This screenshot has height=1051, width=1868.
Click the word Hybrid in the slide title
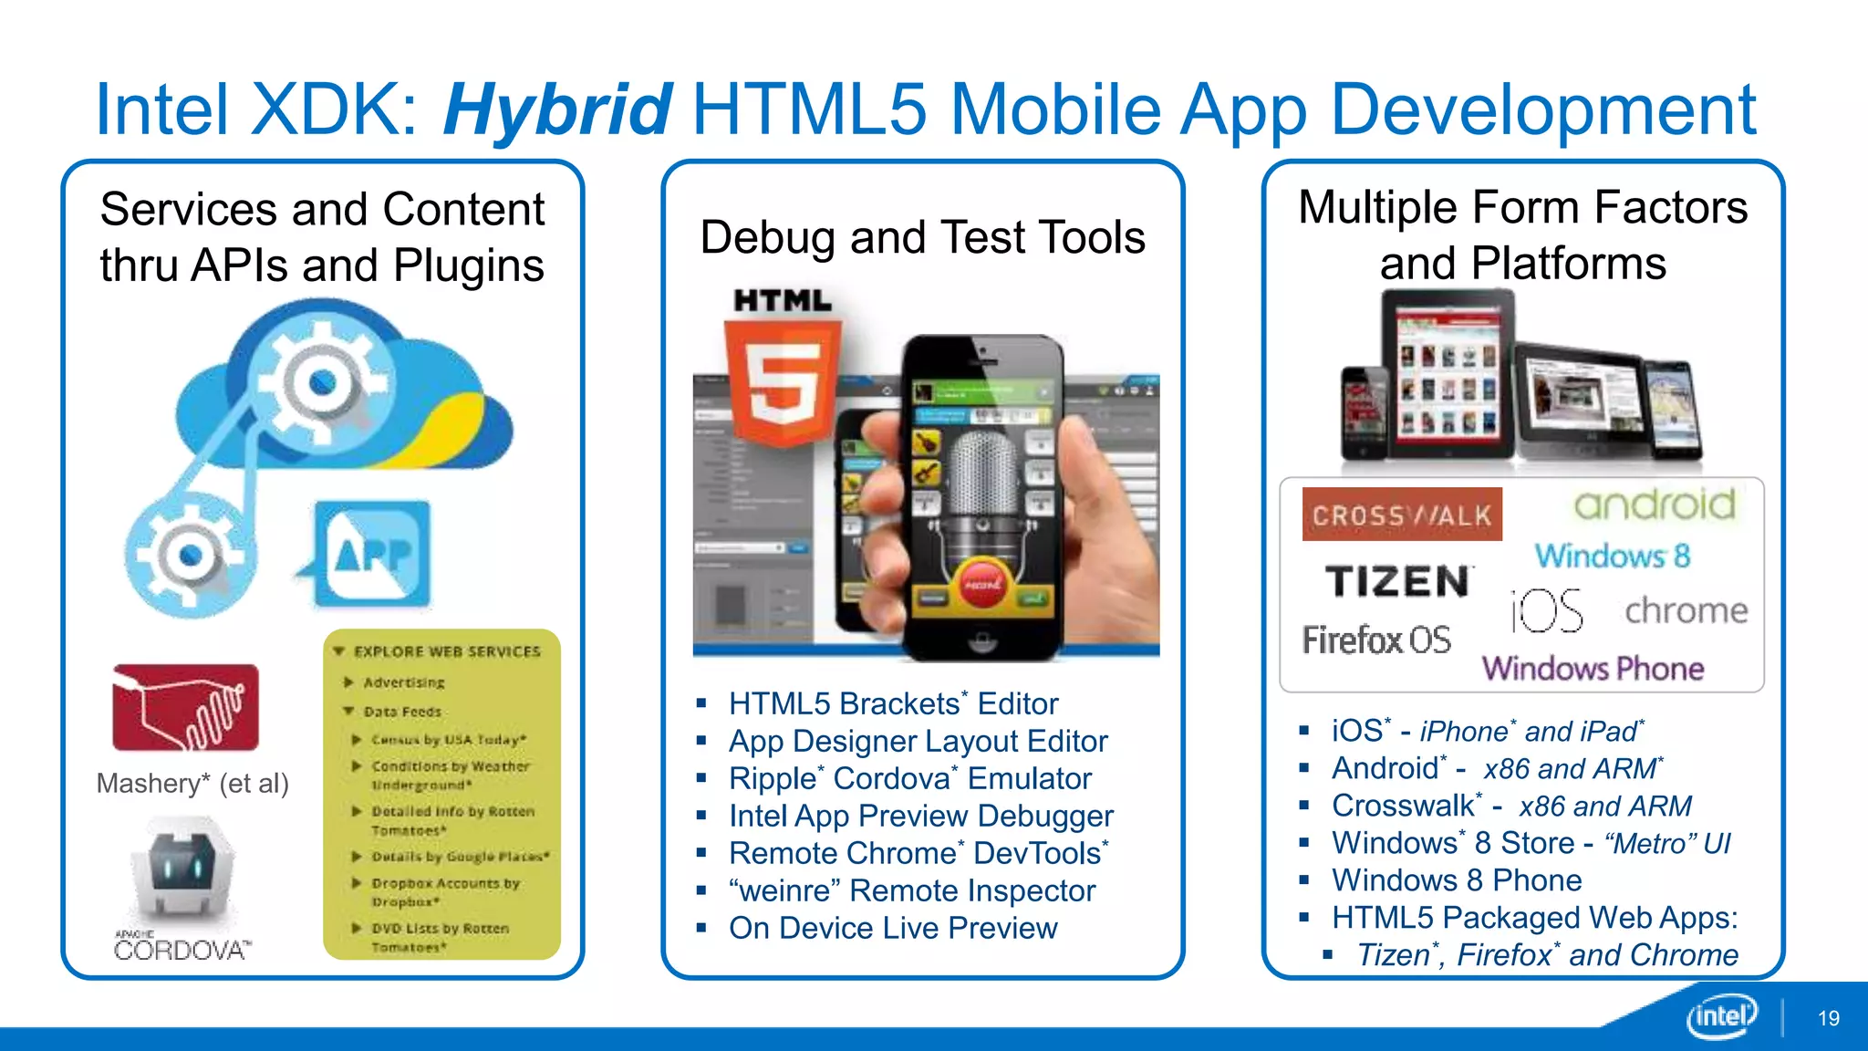557,109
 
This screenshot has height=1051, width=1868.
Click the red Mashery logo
185,708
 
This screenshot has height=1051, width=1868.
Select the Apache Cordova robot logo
183,871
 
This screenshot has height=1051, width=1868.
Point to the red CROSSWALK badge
1401,515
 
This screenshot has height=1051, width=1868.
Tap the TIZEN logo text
1397,581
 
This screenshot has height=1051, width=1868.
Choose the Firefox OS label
1376,640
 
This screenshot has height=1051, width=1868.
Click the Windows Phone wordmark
1593,669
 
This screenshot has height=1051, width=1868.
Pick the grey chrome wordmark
1686,610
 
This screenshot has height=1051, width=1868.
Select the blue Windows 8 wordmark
1612,556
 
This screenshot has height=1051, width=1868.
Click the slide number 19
1828,1018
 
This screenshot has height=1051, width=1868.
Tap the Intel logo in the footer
1721,1015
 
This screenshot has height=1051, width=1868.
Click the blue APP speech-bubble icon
372,554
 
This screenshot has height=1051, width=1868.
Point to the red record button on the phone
982,583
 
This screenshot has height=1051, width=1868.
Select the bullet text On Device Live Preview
893,928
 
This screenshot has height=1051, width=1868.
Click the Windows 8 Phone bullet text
1457,880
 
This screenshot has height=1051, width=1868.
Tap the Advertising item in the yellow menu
404,682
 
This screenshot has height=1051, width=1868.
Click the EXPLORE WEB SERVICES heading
447,651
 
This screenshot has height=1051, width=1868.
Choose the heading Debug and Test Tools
922,237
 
